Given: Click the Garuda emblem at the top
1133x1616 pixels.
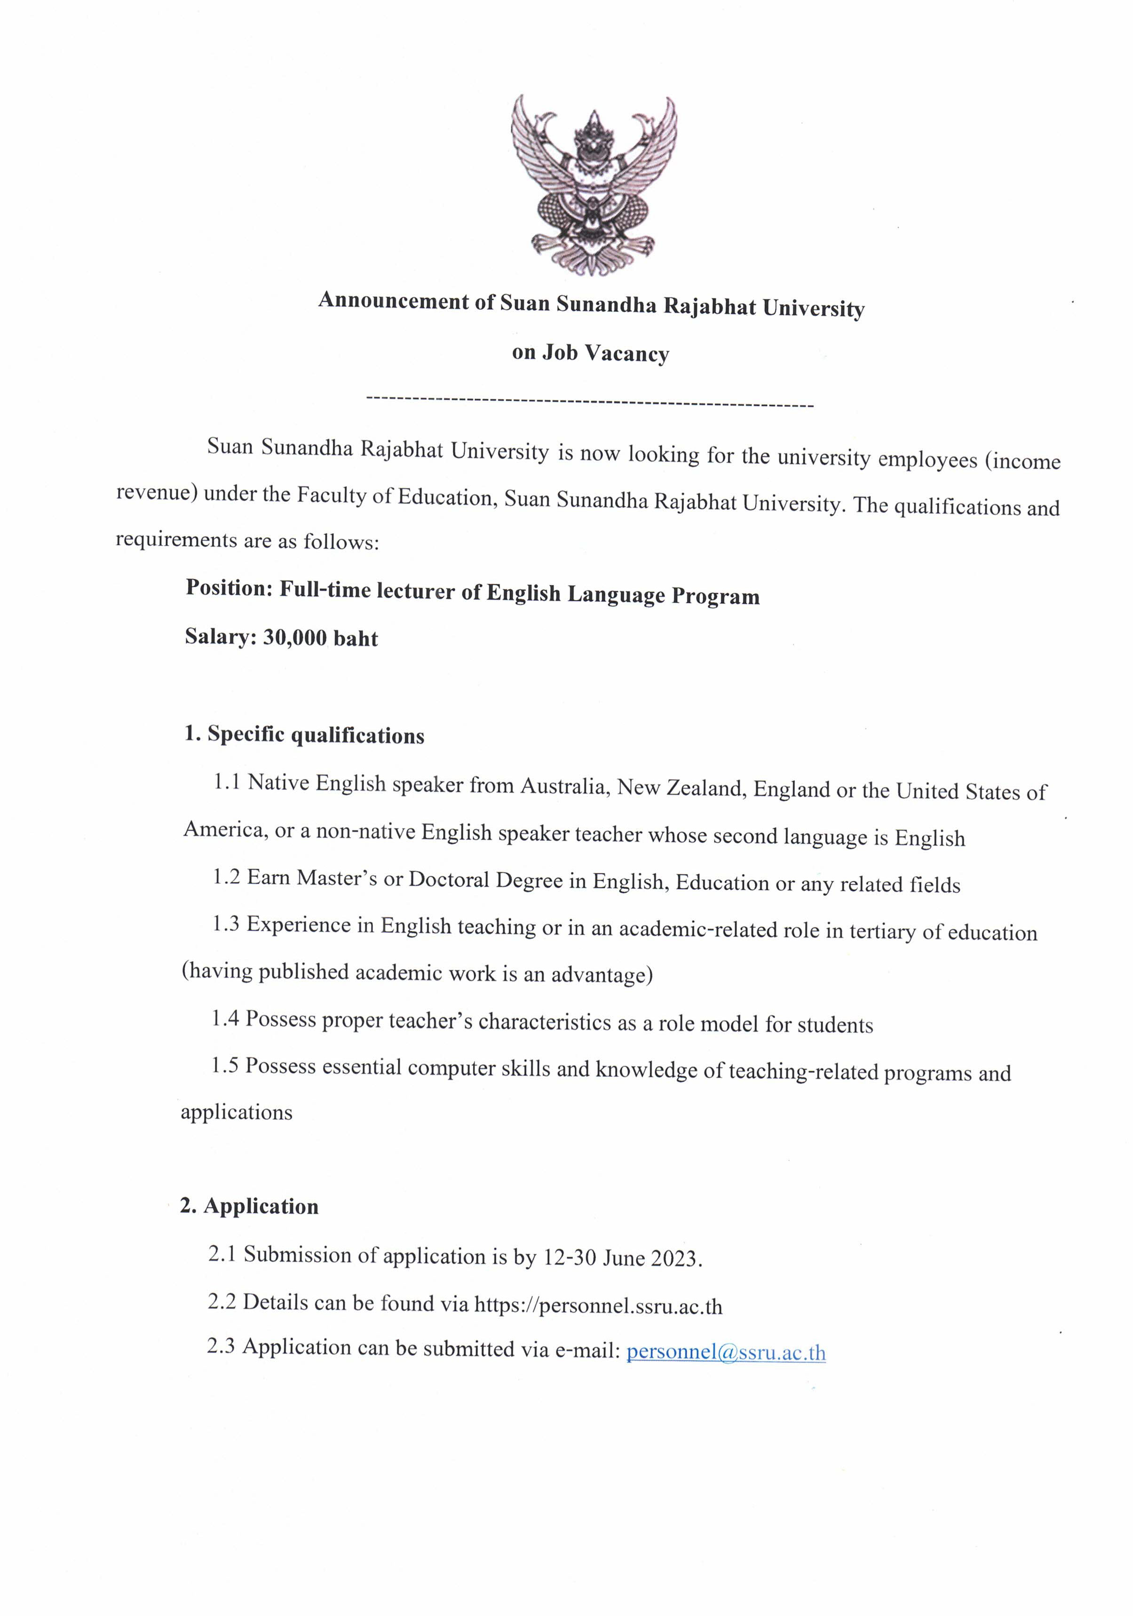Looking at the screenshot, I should click(x=593, y=184).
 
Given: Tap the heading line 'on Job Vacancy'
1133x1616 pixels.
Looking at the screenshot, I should click(x=590, y=353).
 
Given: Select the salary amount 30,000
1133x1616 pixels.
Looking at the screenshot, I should click(x=294, y=637).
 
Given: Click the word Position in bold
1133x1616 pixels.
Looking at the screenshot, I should click(x=228, y=588).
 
